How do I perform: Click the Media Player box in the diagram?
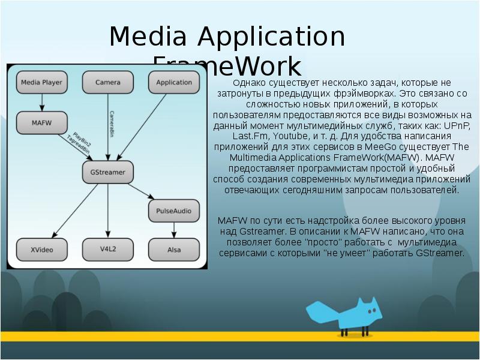[41, 82]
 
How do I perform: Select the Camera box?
[108, 82]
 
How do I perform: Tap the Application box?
[174, 82]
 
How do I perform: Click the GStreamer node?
[108, 172]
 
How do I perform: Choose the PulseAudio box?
[174, 211]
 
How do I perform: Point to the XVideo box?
[41, 248]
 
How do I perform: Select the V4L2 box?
[108, 248]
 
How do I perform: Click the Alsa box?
[174, 248]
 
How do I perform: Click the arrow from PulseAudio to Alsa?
[174, 230]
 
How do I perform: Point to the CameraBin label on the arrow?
[112, 123]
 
